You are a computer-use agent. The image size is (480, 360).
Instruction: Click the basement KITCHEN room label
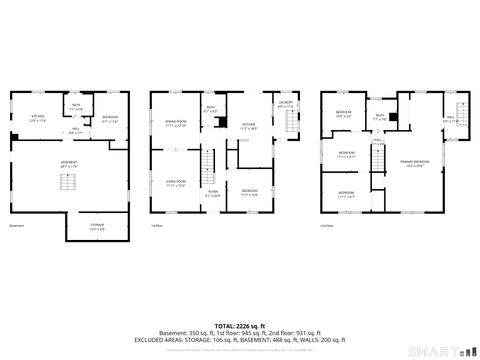pos(38,118)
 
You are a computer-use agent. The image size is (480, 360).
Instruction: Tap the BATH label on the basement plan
pos(76,104)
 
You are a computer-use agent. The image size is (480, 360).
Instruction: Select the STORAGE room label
pos(97,226)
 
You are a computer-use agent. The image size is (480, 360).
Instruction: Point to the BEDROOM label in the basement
pos(110,118)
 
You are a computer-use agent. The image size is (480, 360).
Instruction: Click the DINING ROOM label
pos(177,122)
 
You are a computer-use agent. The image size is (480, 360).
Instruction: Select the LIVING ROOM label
pos(177,182)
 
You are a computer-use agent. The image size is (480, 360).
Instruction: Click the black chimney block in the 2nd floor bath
pos(393,118)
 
